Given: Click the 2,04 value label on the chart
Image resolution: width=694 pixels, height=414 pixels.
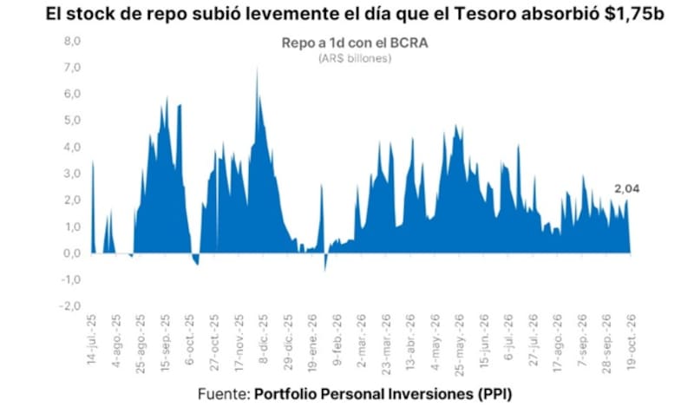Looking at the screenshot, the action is pyautogui.click(x=626, y=188).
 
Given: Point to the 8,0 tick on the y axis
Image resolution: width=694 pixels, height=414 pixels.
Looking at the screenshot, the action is pyautogui.click(x=72, y=41).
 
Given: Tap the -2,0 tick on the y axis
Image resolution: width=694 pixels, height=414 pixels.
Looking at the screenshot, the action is pyautogui.click(x=70, y=306).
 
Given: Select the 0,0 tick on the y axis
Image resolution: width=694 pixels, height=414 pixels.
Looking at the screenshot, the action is pyautogui.click(x=72, y=253).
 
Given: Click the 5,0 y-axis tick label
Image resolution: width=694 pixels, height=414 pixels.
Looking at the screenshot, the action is pyautogui.click(x=72, y=121).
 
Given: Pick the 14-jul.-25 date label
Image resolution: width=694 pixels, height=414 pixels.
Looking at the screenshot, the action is pyautogui.click(x=92, y=339).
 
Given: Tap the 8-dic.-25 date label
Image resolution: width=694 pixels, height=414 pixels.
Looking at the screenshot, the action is pyautogui.click(x=264, y=338).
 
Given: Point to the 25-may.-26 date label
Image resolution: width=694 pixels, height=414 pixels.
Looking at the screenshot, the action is pyautogui.click(x=460, y=345).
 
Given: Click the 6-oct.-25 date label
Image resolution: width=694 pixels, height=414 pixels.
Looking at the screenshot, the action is pyautogui.click(x=190, y=339).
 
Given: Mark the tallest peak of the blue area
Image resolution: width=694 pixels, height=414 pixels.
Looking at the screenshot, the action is pyautogui.click(x=257, y=69).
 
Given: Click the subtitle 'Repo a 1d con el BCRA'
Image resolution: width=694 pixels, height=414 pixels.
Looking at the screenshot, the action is pyautogui.click(x=355, y=43).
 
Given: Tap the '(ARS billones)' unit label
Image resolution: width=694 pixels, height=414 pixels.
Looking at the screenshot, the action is pyautogui.click(x=355, y=58).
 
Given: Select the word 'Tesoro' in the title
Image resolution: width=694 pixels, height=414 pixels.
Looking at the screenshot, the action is pyautogui.click(x=484, y=14).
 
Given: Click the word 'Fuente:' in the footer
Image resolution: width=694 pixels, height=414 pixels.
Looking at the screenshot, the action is pyautogui.click(x=224, y=394).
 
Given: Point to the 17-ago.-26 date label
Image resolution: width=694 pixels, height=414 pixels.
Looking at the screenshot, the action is pyautogui.click(x=558, y=343).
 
